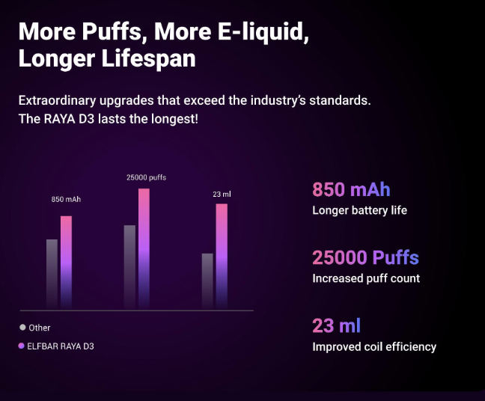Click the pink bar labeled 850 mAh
tap(66, 262)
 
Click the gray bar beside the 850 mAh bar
tap(52, 274)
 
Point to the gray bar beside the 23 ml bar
tap(207, 281)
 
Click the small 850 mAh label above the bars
tap(66, 200)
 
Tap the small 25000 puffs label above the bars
tap(146, 177)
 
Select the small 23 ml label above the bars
tap(222, 195)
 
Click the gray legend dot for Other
tap(22, 327)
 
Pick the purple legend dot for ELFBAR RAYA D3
tap(22, 346)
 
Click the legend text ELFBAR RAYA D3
tap(61, 346)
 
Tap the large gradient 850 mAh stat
tap(351, 189)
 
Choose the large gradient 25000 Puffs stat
tap(365, 258)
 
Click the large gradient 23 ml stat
tap(336, 326)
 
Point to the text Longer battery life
tap(359, 210)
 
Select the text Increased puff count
tap(366, 278)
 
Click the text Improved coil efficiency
tap(374, 346)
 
